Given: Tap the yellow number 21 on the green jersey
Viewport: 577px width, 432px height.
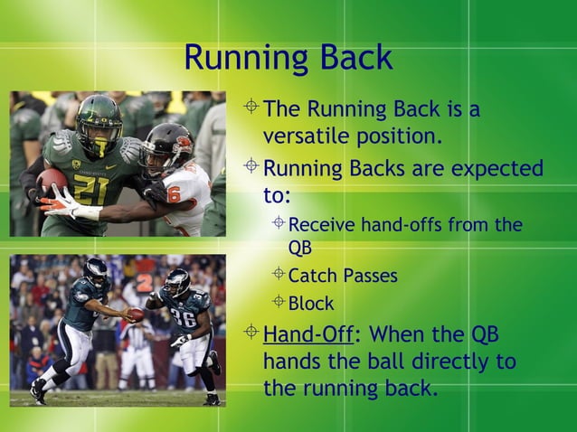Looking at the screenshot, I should point(90,189).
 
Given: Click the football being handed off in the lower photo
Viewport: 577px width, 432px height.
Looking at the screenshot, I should point(135,314).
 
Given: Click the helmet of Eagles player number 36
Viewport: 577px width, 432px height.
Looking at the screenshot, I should point(177,282).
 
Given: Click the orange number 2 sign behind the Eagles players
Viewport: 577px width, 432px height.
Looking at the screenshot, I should point(144,282).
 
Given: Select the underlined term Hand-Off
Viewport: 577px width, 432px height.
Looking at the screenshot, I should point(307,336).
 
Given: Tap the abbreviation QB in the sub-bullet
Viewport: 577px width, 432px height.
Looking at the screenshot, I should point(299,247).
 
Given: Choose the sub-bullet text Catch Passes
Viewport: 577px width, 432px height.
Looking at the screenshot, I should point(342,276).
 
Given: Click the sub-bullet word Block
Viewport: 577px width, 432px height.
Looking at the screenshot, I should point(310,304).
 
